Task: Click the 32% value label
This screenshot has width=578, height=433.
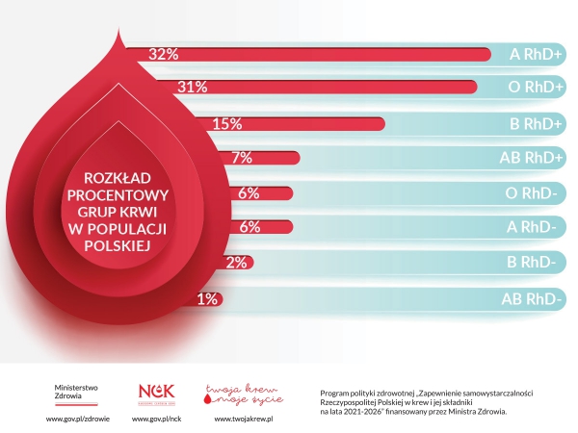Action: (164, 54)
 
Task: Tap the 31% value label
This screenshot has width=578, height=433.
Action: (193, 88)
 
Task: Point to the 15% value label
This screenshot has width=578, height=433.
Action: (225, 123)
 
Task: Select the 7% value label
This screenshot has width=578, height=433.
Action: (242, 158)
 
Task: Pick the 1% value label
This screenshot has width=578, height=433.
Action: (206, 298)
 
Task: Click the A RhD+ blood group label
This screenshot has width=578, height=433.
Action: (537, 54)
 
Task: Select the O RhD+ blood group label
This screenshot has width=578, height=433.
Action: (537, 88)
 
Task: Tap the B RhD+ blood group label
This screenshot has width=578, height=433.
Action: (537, 123)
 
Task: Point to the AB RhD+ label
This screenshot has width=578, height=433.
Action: (531, 158)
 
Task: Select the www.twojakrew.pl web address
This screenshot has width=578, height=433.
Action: (244, 419)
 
